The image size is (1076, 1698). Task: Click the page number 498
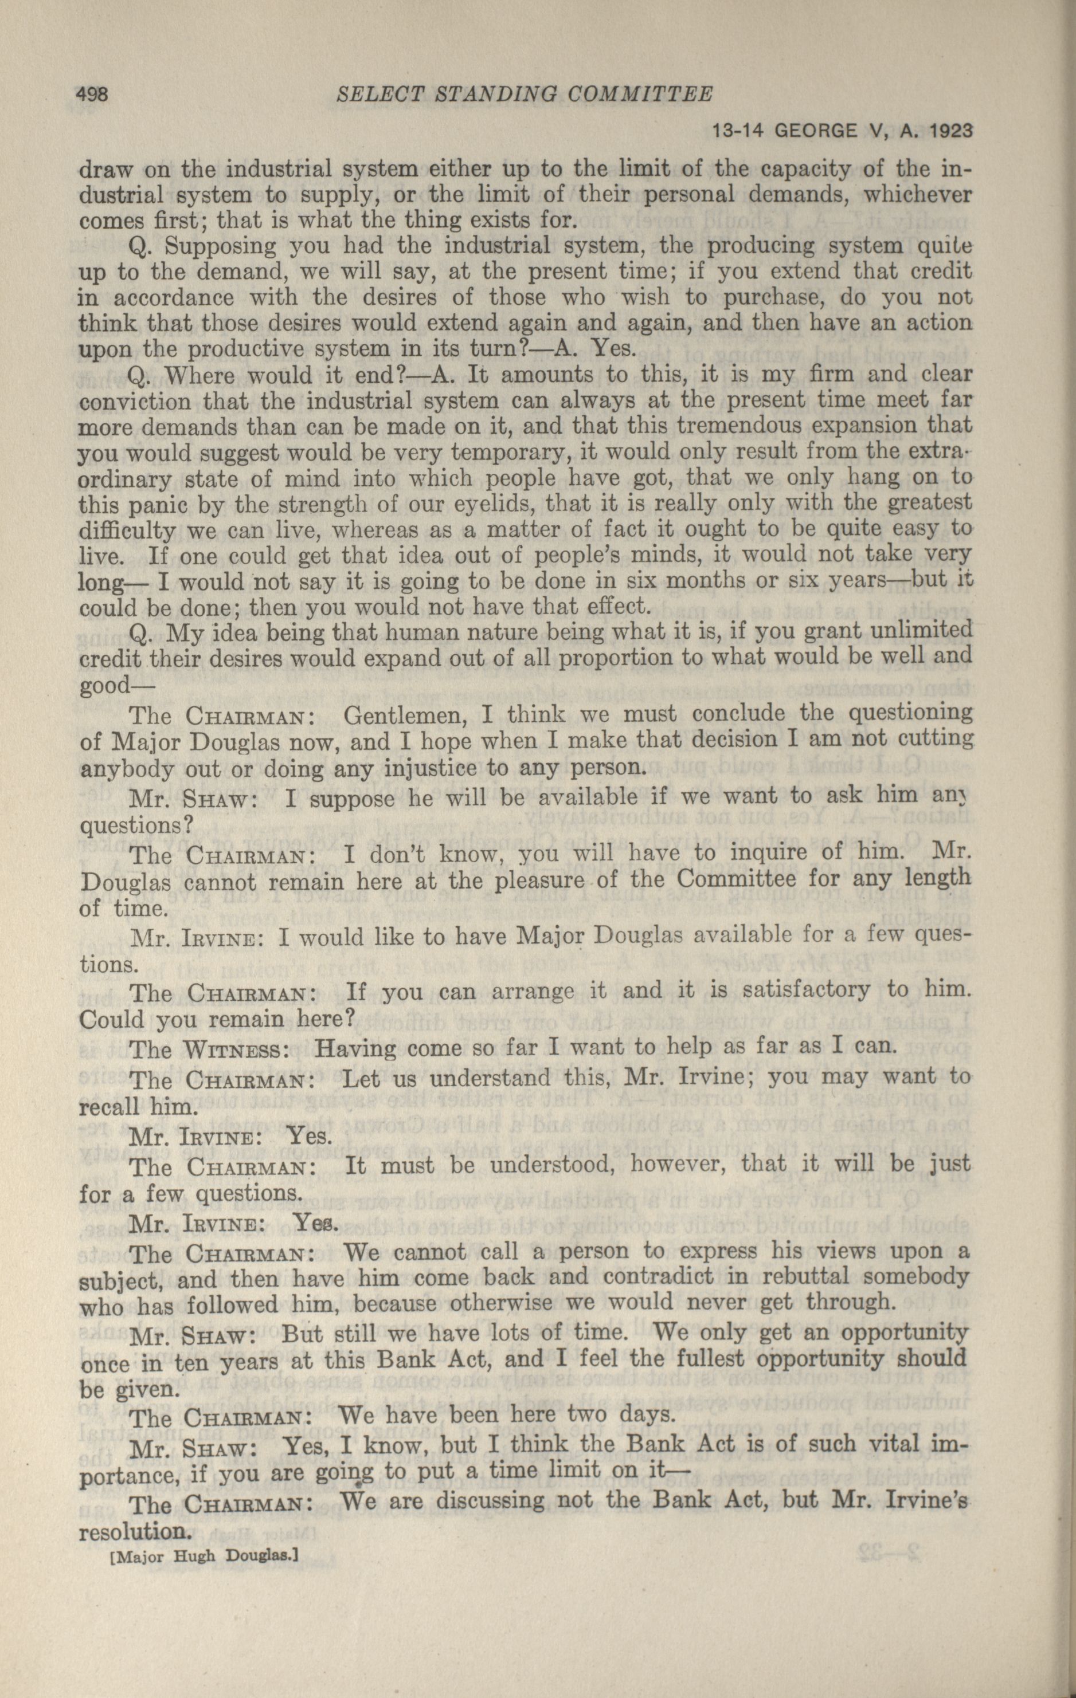tap(91, 94)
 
